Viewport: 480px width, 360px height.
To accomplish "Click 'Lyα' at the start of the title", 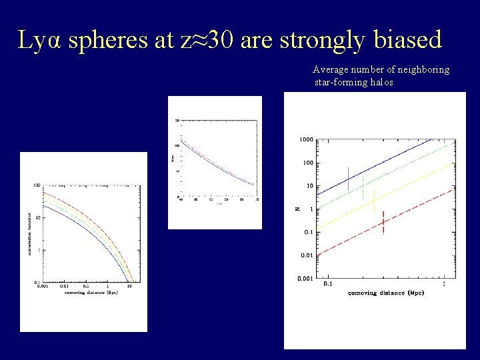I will tap(40, 41).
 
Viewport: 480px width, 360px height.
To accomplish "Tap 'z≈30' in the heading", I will tap(207, 41).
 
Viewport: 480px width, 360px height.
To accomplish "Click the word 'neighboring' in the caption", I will tap(421, 70).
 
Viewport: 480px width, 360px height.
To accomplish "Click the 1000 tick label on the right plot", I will tap(306, 139).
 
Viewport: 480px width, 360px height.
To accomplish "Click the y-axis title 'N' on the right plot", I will tap(298, 209).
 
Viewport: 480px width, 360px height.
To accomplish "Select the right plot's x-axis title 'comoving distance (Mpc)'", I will tap(386, 293).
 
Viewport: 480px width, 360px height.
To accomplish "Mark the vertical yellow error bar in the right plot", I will tap(374, 200).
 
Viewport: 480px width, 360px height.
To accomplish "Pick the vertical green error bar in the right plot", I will tap(363, 187).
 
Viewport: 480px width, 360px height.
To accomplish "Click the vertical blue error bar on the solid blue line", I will tap(348, 178).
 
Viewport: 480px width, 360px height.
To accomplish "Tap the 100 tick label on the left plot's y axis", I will tap(37, 185).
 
